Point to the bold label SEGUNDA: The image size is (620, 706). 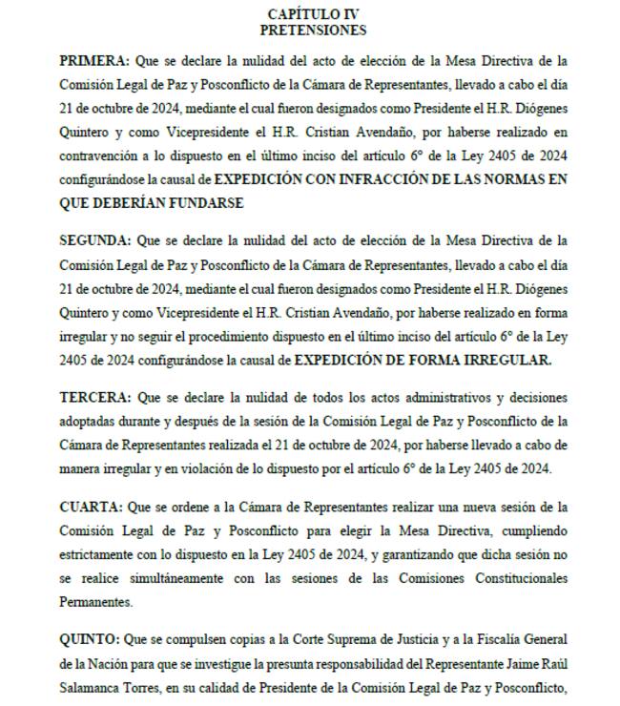click(x=94, y=239)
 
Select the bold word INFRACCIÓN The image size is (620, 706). click(x=376, y=178)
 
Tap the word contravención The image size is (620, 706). click(x=100, y=155)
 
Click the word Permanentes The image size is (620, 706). click(x=95, y=603)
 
